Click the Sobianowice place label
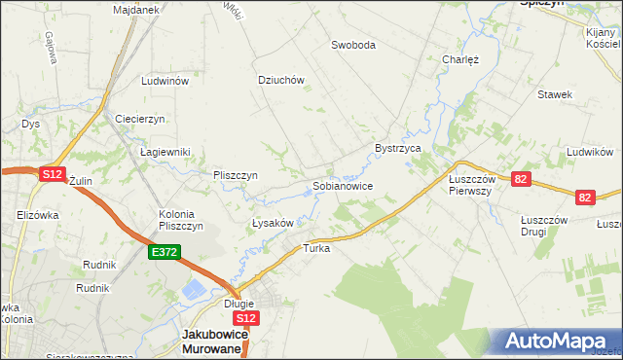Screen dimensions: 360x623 (x=342, y=185)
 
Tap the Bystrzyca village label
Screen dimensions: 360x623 (x=397, y=148)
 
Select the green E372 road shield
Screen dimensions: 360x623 (x=163, y=252)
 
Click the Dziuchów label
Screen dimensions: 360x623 (x=282, y=81)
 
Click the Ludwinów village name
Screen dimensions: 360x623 (x=165, y=82)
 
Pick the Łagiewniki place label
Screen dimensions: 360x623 (x=165, y=152)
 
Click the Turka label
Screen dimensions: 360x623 (x=317, y=248)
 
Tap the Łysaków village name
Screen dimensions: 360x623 (x=273, y=223)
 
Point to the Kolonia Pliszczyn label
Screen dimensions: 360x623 (x=181, y=220)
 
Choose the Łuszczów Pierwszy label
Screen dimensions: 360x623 (x=473, y=185)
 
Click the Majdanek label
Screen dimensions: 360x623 (x=135, y=9)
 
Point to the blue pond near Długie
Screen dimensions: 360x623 (x=194, y=290)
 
